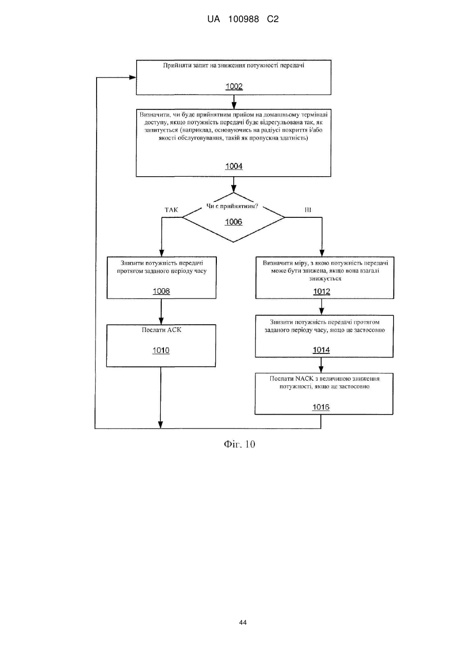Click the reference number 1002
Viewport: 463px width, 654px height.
coord(234,86)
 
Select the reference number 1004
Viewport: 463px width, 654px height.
coord(234,166)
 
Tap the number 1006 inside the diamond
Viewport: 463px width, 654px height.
coord(233,222)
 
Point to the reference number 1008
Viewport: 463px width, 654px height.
coord(161,291)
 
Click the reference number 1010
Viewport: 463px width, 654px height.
coord(161,350)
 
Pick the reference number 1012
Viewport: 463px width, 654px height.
coord(322,291)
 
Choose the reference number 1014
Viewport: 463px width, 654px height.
coord(321,350)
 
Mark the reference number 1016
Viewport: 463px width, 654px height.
coord(321,407)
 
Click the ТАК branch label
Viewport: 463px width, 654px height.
coord(172,210)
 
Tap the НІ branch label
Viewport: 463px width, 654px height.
coord(308,210)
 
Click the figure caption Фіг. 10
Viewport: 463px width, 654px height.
coord(239,444)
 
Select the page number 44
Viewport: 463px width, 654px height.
coord(243,623)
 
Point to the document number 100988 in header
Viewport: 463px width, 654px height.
coord(244,20)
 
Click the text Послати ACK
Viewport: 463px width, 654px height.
coord(161,330)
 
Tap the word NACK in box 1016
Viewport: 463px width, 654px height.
coord(304,379)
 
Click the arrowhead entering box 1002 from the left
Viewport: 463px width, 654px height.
coord(133,78)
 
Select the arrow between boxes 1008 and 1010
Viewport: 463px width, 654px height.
coord(161,311)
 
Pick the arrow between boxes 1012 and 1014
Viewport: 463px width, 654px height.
coord(321,307)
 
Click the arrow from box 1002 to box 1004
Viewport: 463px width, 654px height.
coord(234,102)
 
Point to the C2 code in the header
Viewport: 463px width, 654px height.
coord(273,20)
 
